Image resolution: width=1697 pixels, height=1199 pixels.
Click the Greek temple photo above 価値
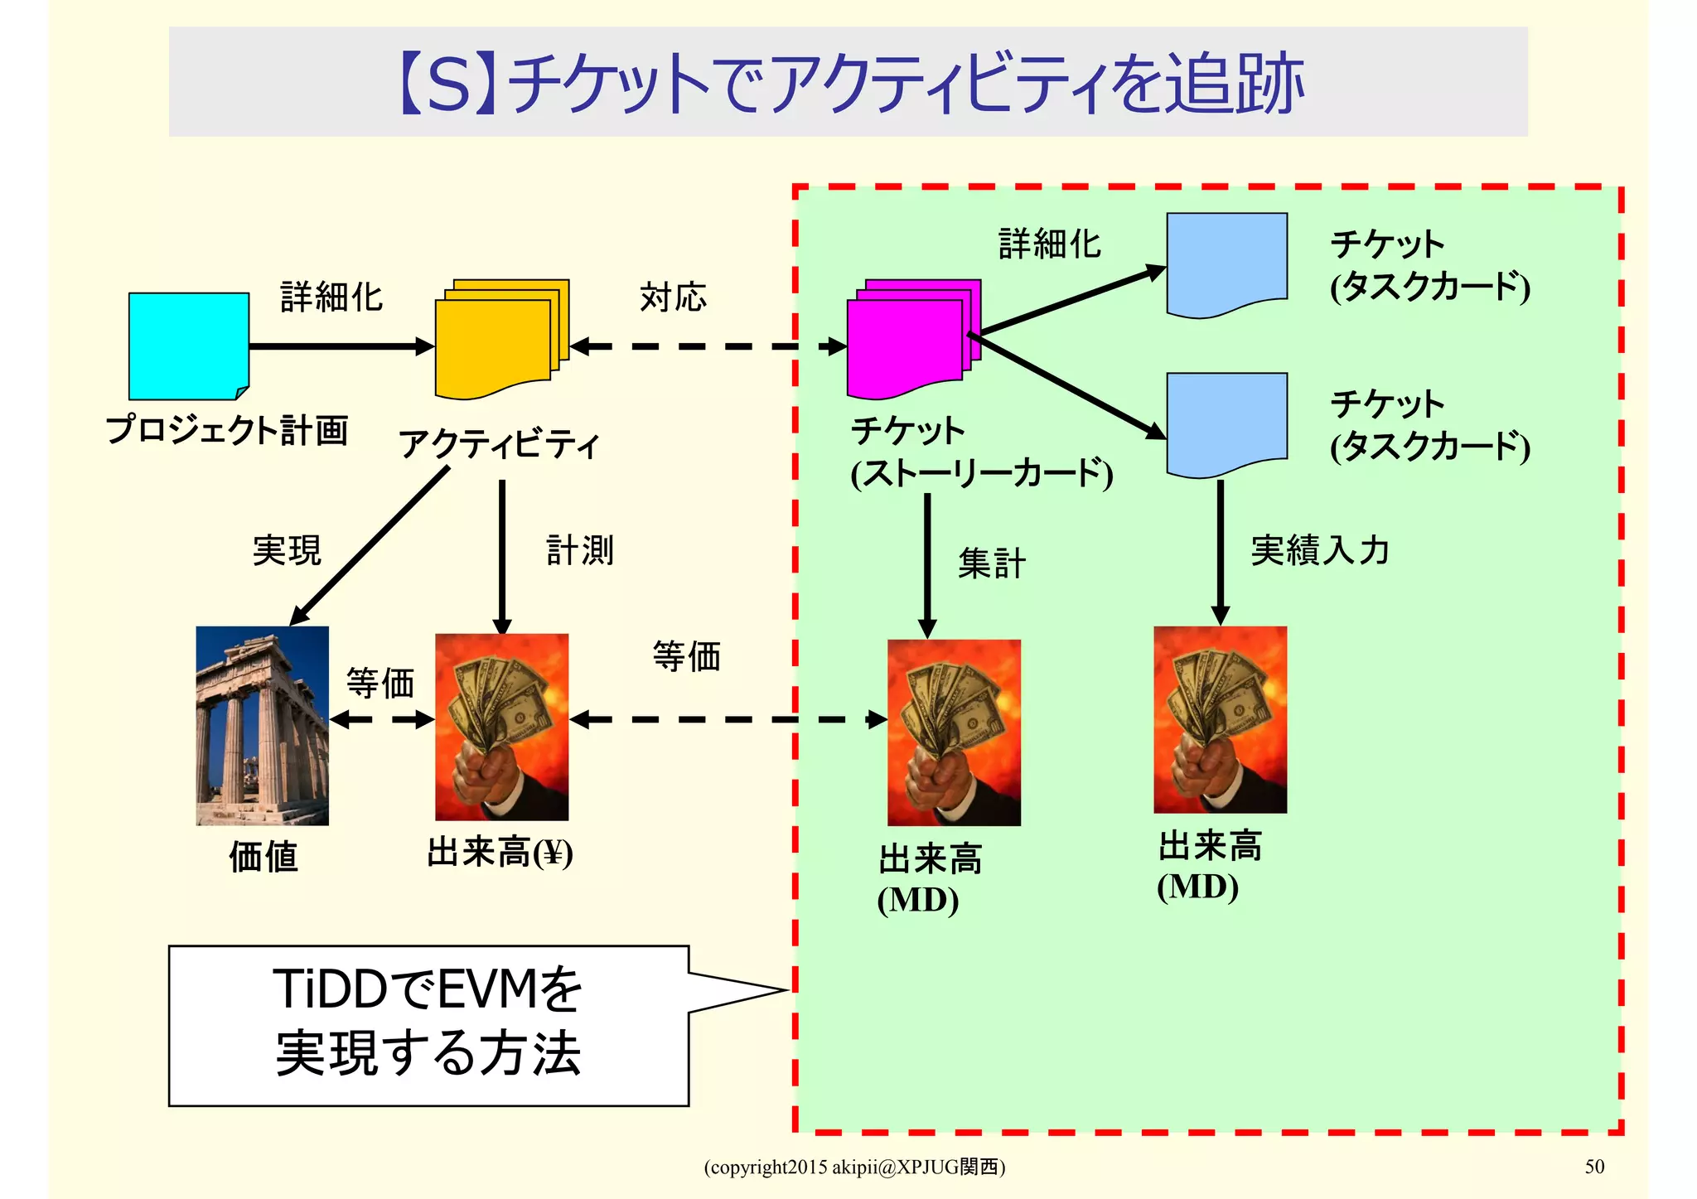[x=262, y=725]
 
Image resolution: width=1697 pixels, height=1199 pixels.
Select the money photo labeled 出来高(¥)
[x=501, y=727]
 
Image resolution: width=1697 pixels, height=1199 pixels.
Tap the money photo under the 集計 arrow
[x=954, y=732]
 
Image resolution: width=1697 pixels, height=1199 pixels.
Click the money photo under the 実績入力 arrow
[x=1220, y=719]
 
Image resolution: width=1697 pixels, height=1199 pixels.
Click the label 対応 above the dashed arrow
[x=673, y=297]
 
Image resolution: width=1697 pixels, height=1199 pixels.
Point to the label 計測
[x=580, y=550]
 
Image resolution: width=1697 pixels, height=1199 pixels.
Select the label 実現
[x=287, y=550]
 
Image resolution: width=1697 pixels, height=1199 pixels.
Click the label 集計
[x=991, y=563]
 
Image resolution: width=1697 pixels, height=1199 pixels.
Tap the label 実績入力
[x=1319, y=550]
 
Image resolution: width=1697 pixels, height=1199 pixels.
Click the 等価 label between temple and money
[x=380, y=684]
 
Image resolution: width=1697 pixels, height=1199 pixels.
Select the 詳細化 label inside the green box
[x=1049, y=244]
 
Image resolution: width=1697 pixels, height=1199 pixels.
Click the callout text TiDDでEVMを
[x=428, y=989]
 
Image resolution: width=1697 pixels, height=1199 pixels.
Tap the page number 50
[x=1594, y=1167]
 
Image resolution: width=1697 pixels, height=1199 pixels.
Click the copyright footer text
[x=854, y=1167]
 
